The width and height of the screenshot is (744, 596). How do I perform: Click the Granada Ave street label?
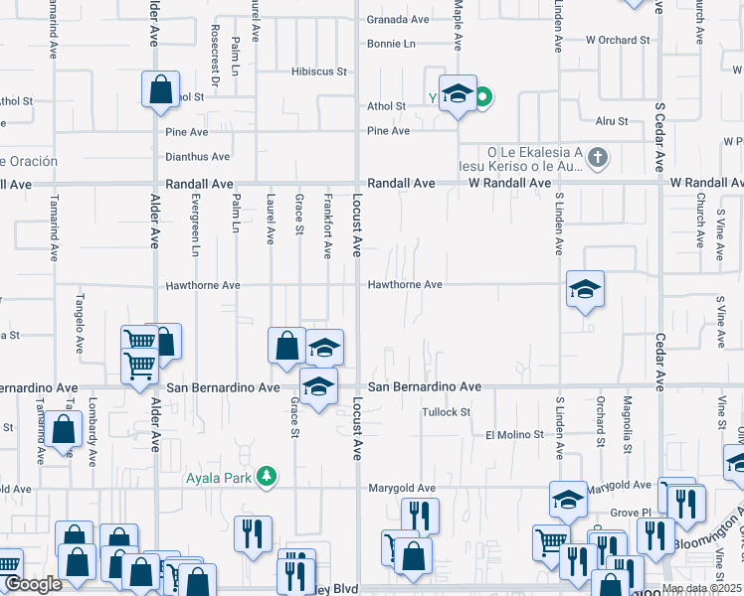(398, 19)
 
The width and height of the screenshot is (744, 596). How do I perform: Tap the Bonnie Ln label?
(391, 44)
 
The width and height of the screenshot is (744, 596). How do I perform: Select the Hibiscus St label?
(318, 72)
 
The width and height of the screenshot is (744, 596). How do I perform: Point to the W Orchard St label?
(617, 41)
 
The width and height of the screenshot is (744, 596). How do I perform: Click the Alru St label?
(611, 121)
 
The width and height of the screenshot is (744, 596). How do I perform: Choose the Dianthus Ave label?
(198, 156)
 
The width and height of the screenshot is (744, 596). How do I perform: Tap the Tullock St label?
(445, 411)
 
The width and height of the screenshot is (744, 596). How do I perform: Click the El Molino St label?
(514, 435)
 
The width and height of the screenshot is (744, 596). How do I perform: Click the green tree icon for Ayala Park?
(266, 477)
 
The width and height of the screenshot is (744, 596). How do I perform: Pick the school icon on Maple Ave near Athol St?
(458, 93)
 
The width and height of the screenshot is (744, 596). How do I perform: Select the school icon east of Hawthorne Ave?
(585, 289)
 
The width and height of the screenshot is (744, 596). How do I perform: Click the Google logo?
(34, 585)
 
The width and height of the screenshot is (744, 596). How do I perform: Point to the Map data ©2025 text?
(701, 588)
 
